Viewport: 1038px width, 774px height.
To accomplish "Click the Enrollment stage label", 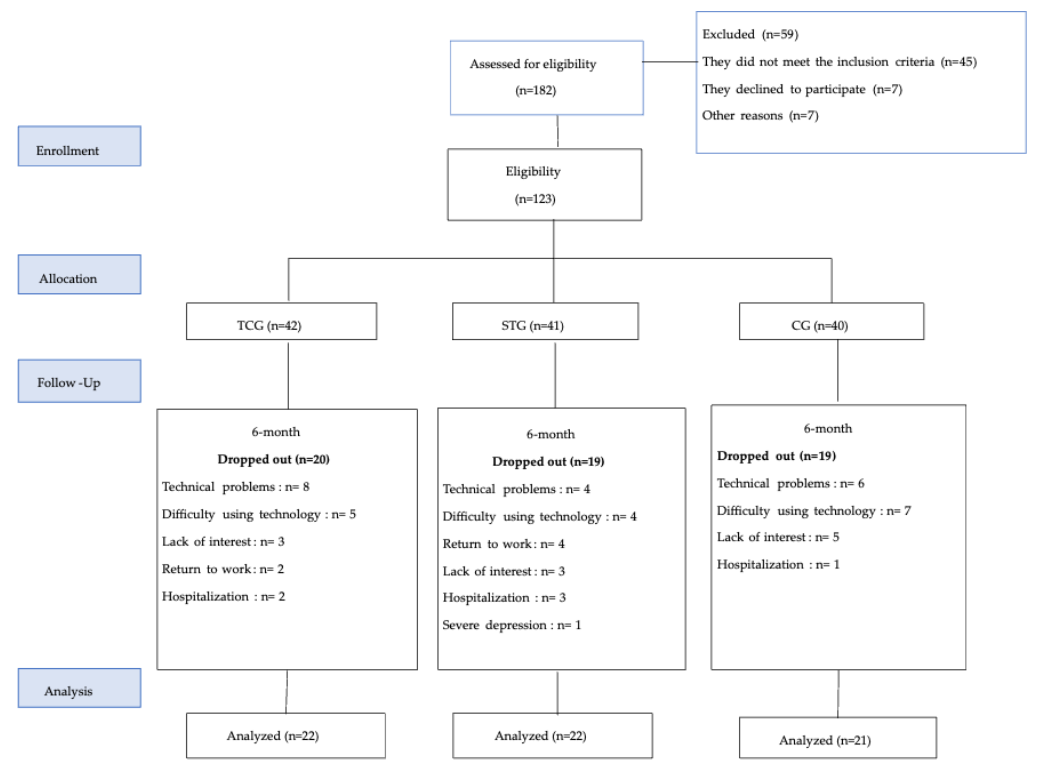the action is tap(79, 146).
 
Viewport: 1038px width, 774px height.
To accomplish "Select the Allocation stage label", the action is tap(79, 274).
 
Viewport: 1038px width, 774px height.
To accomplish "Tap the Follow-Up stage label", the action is tap(79, 381).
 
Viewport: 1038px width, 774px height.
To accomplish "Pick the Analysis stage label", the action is tap(79, 688).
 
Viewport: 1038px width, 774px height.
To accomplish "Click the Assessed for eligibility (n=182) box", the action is tap(546, 78).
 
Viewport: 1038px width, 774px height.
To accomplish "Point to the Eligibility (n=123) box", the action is tap(545, 185).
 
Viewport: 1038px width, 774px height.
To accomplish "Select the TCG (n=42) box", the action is tap(281, 321).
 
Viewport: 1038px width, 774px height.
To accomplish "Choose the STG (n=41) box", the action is tap(545, 321).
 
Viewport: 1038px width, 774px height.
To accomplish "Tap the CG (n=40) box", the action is tap(831, 321).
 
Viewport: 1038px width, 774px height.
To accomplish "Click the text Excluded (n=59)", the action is tap(750, 34).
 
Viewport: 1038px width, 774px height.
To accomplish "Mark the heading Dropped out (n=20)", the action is tap(273, 459).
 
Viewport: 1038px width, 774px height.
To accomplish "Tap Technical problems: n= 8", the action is tap(236, 487).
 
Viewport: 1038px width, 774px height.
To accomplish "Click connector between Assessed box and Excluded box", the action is tap(670, 61).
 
